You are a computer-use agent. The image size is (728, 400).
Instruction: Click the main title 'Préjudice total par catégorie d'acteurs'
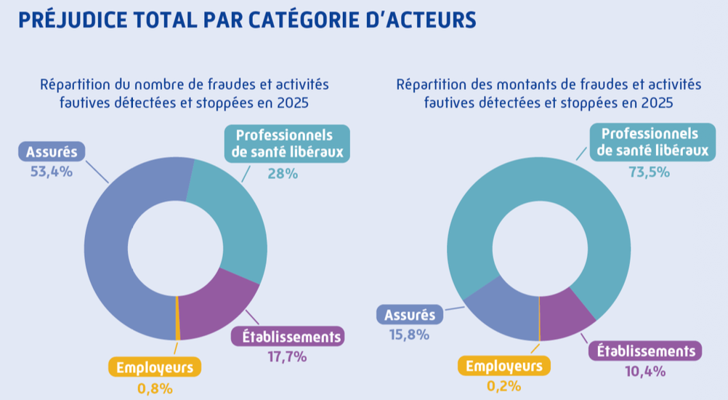tap(247, 20)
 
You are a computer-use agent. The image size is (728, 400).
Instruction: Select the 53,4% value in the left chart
tap(51, 173)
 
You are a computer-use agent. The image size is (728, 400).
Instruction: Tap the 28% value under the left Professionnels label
tap(283, 174)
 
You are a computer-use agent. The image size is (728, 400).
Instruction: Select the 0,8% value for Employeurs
tap(155, 388)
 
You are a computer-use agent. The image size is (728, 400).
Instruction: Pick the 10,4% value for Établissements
tap(645, 371)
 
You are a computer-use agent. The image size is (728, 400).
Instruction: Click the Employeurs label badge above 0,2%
tap(504, 365)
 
